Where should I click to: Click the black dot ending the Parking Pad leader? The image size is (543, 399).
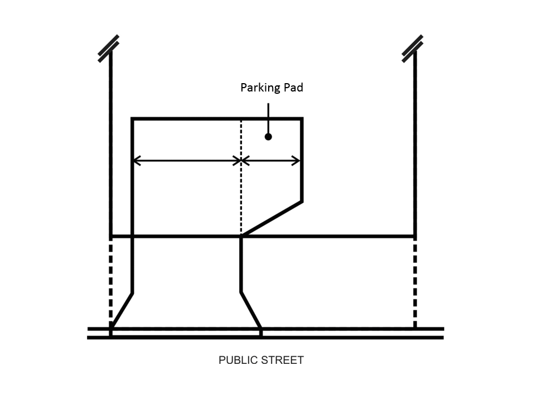268,137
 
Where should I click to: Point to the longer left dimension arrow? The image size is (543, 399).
186,161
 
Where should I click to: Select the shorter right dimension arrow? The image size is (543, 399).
271,161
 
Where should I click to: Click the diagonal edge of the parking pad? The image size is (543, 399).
272,218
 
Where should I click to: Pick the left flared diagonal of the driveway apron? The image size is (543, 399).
122,310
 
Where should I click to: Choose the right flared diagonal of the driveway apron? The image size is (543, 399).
251,310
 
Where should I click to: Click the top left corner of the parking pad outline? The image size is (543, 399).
133,119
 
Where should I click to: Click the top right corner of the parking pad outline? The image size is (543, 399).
302,119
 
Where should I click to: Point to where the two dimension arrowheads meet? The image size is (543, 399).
241,161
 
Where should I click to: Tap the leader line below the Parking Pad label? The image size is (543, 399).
268,117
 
